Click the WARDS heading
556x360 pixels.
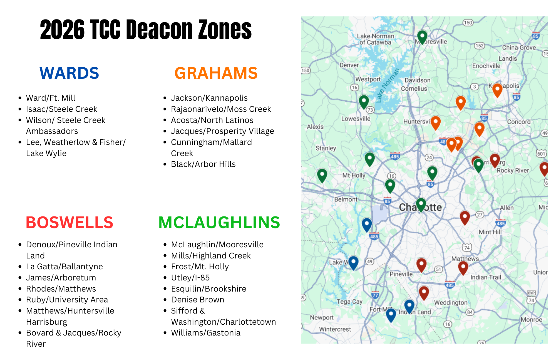point(69,73)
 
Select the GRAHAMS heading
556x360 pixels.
point(216,73)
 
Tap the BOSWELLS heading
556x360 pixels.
point(69,223)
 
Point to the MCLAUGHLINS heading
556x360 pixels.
point(219,223)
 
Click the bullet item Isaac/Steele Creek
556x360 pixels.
point(61,109)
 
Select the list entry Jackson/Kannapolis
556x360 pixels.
point(209,98)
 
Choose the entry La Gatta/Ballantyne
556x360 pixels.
point(64,267)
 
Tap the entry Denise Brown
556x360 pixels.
point(197,300)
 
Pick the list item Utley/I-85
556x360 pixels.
point(190,278)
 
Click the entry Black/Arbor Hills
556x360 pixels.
point(203,164)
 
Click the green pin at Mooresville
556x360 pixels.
point(422,36)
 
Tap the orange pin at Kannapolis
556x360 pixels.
point(497,90)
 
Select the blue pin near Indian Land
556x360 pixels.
point(409,305)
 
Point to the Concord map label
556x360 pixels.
point(519,122)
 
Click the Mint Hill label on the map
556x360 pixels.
point(490,232)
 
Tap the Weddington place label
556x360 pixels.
point(451,303)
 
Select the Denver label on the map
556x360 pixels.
point(349,65)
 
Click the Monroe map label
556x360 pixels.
point(531,320)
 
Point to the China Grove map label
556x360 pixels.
point(519,48)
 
